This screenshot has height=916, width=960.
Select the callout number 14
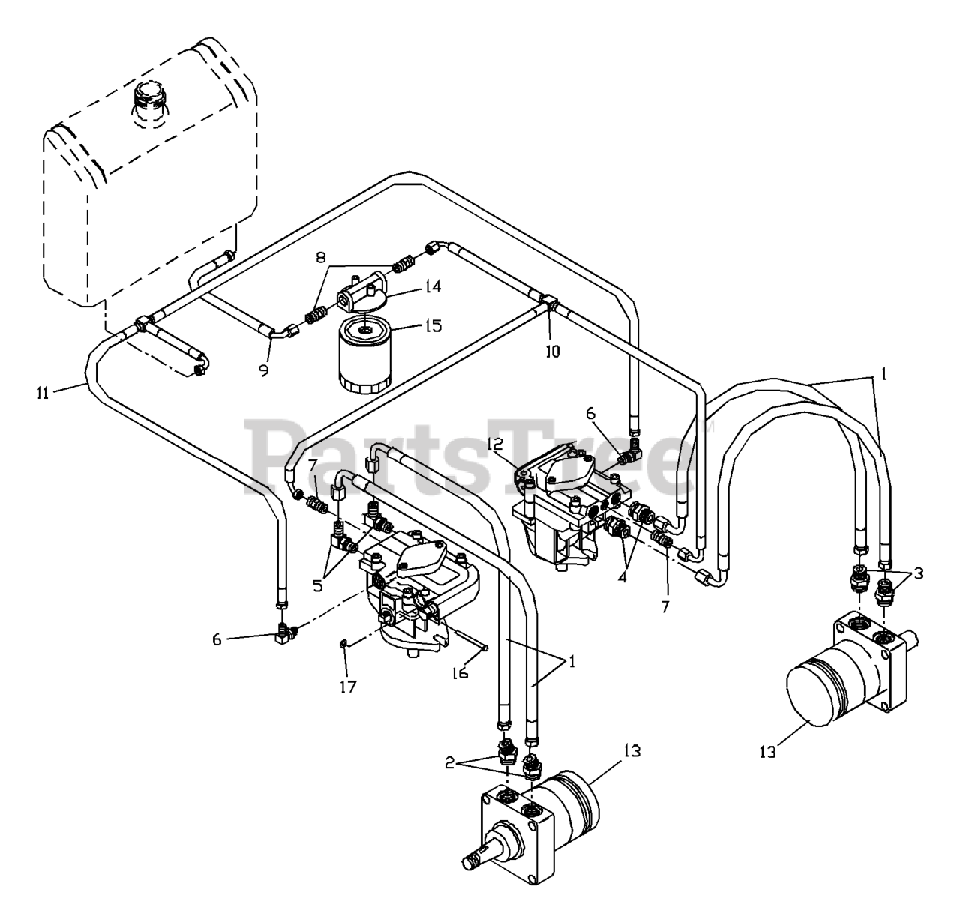coord(411,286)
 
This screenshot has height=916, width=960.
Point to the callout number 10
coord(552,350)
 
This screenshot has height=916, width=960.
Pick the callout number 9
coord(264,369)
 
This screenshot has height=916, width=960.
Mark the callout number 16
coord(460,672)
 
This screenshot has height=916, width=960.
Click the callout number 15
coord(433,326)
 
